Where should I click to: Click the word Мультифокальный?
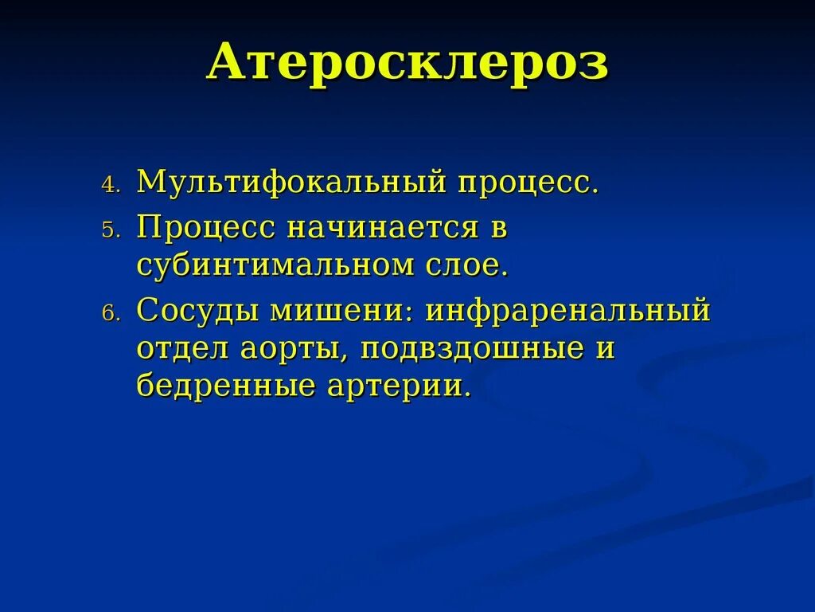[x=291, y=182]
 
